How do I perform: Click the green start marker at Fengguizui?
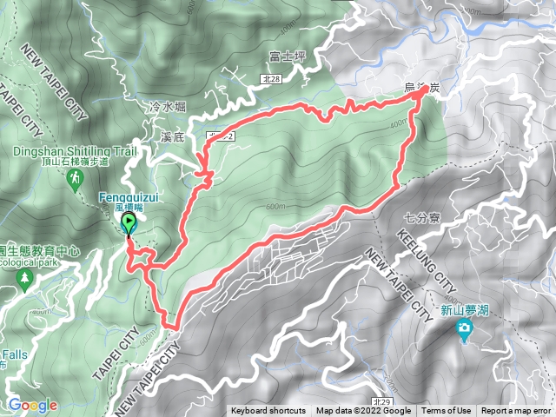click(x=130, y=224)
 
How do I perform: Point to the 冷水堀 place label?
click(x=168, y=107)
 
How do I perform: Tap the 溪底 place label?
click(x=173, y=137)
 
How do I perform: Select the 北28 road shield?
click(x=271, y=79)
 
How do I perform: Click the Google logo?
click(x=32, y=404)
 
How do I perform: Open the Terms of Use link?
click(x=447, y=411)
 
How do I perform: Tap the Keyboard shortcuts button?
click(x=268, y=411)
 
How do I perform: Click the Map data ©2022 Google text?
click(x=363, y=411)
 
